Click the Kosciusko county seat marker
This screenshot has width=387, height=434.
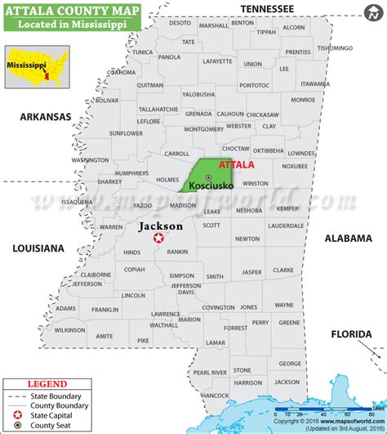pyautogui.click(x=208, y=177)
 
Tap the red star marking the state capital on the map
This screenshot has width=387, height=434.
pyautogui.click(x=158, y=239)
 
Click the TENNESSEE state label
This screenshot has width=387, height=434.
pyautogui.click(x=265, y=8)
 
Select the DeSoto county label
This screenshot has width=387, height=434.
pyautogui.click(x=180, y=23)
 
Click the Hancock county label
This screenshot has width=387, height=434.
pyautogui.click(x=215, y=395)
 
